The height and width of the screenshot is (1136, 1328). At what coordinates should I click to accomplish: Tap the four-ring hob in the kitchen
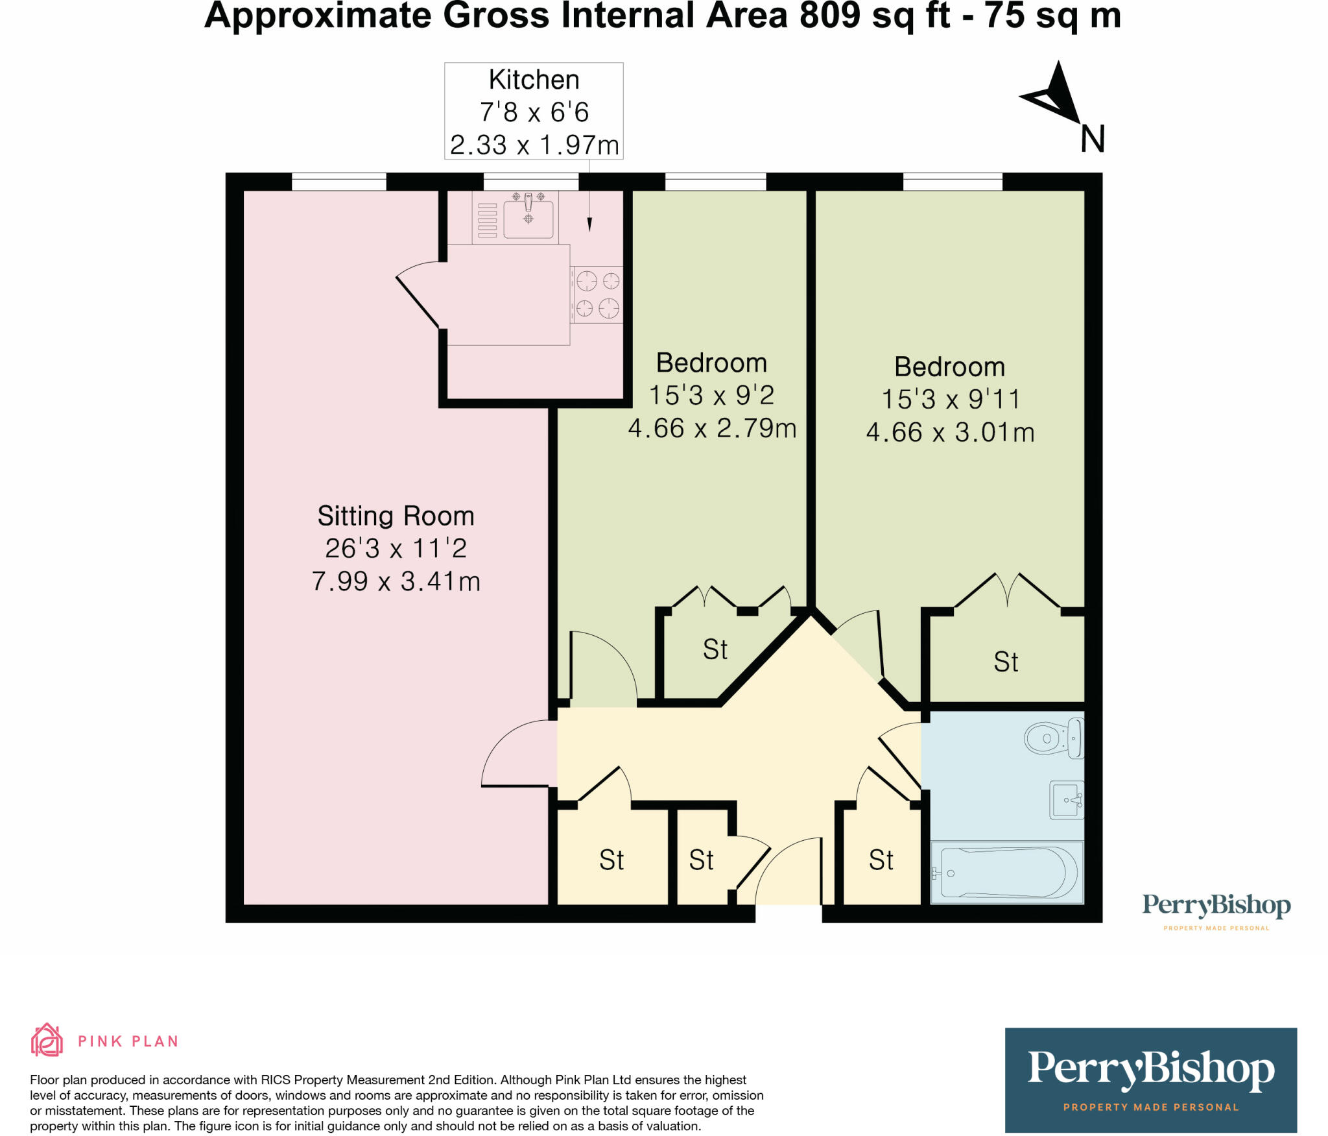point(597,295)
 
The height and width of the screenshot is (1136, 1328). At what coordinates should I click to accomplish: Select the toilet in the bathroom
point(1053,738)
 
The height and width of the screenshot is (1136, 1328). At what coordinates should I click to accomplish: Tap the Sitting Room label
point(396,516)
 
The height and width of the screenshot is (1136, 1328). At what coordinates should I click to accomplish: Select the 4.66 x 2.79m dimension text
point(712,428)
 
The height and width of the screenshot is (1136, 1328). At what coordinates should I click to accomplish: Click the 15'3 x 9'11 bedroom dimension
point(951,399)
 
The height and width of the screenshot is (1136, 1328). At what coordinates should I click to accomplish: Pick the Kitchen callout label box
point(534,111)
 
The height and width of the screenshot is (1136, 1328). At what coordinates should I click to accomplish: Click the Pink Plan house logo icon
point(47,1040)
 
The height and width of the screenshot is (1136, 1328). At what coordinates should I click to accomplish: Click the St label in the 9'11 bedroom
point(1006,662)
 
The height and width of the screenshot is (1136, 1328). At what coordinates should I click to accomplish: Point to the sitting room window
point(338,182)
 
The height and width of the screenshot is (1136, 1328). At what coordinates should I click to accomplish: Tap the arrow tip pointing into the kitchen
point(589,226)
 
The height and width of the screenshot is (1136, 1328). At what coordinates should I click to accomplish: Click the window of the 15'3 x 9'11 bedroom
point(953,182)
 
